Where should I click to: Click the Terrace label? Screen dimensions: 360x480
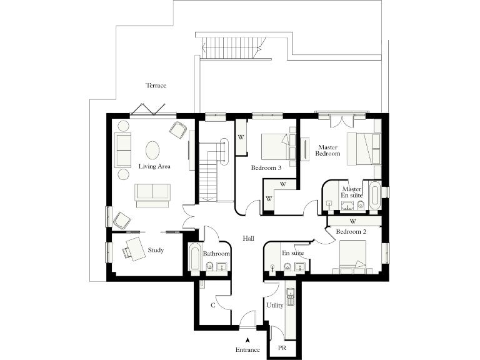pyautogui.click(x=156, y=86)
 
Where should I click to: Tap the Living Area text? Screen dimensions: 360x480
pyautogui.click(x=154, y=167)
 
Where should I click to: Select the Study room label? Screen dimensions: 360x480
pyautogui.click(x=156, y=251)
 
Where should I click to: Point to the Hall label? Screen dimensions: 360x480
pyautogui.click(x=248, y=239)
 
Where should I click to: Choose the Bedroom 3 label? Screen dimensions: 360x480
pyautogui.click(x=266, y=168)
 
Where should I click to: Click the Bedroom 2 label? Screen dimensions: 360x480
pyautogui.click(x=351, y=232)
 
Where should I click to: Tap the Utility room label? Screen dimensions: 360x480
pyautogui.click(x=275, y=306)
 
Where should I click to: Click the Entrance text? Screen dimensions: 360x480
pyautogui.click(x=248, y=350)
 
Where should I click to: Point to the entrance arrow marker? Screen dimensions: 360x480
pyautogui.click(x=248, y=339)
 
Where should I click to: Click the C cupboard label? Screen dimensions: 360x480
pyautogui.click(x=213, y=306)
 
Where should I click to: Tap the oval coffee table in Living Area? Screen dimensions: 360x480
pyautogui.click(x=152, y=151)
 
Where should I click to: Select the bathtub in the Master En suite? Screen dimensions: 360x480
pyautogui.click(x=374, y=196)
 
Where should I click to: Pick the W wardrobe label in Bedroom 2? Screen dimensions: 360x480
pyautogui.click(x=353, y=221)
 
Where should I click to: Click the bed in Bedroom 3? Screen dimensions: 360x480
pyautogui.click(x=275, y=147)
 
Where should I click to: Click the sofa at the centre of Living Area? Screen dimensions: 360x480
pyautogui.click(x=152, y=194)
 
